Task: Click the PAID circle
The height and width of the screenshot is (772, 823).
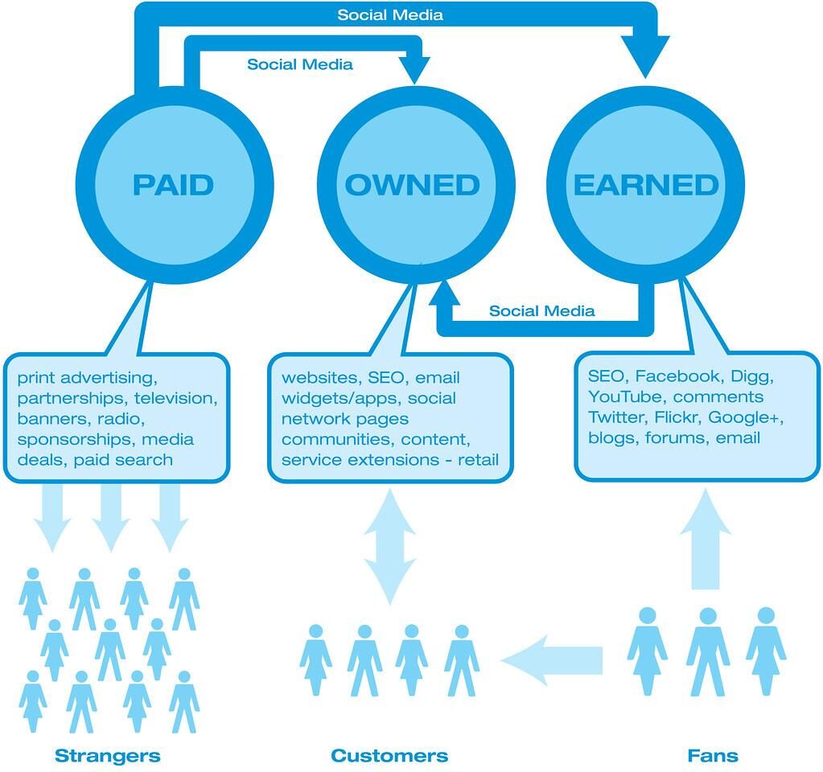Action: [173, 185]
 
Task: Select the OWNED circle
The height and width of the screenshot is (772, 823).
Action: [412, 185]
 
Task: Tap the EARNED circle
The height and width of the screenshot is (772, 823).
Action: [645, 185]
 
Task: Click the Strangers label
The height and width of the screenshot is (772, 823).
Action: [107, 756]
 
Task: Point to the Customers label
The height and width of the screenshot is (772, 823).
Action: [389, 756]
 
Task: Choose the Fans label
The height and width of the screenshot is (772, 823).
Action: [712, 756]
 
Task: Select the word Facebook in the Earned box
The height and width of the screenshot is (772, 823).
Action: [678, 376]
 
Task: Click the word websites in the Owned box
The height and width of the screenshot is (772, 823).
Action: [319, 377]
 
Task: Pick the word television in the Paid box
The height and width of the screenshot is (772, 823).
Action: [175, 398]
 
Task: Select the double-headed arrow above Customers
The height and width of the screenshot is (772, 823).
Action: [390, 554]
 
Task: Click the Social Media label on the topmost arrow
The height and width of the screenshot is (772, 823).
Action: [390, 14]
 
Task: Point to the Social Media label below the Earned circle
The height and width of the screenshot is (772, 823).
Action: [541, 310]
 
